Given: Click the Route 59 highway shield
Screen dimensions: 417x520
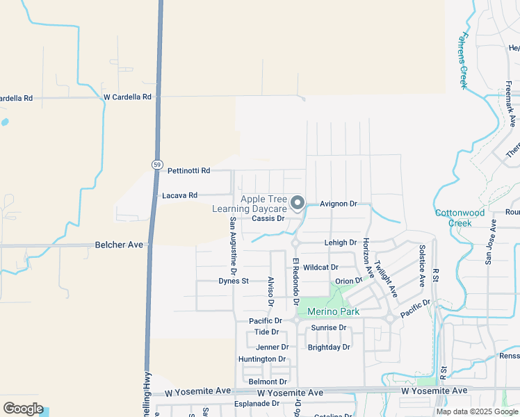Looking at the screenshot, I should click(158, 164).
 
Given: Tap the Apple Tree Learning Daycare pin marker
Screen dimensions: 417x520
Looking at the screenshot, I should click(298, 203).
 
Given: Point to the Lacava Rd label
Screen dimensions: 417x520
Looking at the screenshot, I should click(179, 195).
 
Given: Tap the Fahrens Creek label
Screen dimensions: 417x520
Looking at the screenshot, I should click(463, 60).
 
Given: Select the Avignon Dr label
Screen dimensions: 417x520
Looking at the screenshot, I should click(338, 204).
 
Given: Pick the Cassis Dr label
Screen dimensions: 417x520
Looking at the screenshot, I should click(268, 218).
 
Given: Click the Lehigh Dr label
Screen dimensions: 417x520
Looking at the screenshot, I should click(340, 243).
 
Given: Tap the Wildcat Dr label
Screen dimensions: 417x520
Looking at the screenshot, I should click(320, 267).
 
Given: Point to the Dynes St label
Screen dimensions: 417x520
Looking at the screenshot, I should click(234, 281).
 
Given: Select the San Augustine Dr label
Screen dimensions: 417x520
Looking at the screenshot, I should click(233, 243).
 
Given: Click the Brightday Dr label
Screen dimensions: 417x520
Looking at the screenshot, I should click(328, 346).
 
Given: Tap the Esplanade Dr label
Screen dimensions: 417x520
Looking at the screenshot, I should click(256, 403).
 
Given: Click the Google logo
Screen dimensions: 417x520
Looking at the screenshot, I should click(23, 409).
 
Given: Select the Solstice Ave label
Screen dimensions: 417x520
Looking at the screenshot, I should click(421, 265).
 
